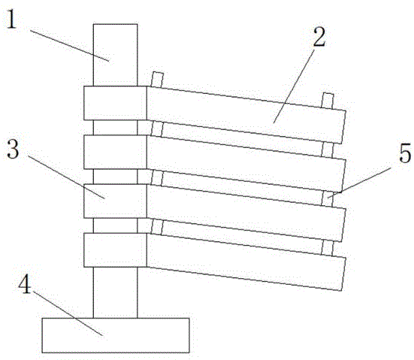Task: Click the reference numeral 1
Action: [x=11, y=19]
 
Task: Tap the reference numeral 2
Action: [x=319, y=37]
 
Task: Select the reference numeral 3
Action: [x=13, y=149]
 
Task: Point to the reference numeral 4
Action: [x=25, y=283]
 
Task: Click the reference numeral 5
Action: [x=406, y=153]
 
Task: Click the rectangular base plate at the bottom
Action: [x=116, y=335]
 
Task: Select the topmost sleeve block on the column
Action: [x=116, y=103]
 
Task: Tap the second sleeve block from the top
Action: [x=116, y=152]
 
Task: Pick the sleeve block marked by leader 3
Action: [x=116, y=201]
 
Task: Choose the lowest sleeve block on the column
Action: [x=116, y=250]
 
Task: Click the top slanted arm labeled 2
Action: [x=246, y=115]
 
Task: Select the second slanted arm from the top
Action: [x=246, y=164]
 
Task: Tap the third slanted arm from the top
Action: [x=246, y=213]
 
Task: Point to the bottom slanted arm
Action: [x=246, y=262]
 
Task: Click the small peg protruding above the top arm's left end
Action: [x=157, y=80]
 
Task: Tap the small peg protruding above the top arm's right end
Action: [x=328, y=101]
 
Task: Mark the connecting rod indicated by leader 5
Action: [x=327, y=199]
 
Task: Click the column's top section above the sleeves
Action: [x=116, y=55]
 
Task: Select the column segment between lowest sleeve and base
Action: [x=116, y=292]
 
